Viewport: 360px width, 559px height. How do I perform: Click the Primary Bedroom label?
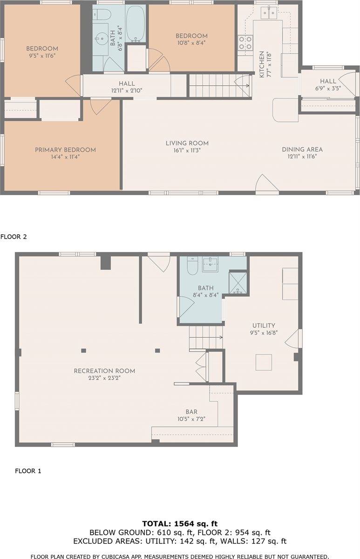pos(65,150)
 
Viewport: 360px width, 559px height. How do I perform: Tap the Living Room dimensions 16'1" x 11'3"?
pos(187,150)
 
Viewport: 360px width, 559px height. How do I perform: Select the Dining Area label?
pos(302,150)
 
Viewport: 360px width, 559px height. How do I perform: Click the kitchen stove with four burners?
pos(245,43)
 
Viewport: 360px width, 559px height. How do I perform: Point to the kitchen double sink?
pos(269,13)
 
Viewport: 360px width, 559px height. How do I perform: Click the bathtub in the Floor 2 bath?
pos(136,24)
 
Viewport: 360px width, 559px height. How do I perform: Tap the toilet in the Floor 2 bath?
pos(102,14)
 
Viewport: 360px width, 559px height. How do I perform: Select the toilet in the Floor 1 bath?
pos(192,266)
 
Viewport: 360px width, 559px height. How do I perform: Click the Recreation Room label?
pos(104,371)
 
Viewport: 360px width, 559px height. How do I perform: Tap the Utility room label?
pos(264,326)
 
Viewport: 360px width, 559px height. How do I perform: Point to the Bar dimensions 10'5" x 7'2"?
pos(191,419)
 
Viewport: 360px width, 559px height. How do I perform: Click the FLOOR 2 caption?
pos(14,237)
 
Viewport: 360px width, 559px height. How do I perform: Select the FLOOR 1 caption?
pos(28,471)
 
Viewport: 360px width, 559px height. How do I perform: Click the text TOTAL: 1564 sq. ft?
pos(180,524)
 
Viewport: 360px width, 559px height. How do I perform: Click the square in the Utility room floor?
pos(264,362)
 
